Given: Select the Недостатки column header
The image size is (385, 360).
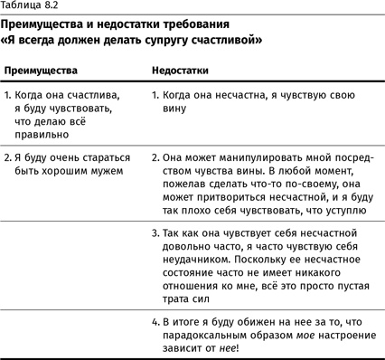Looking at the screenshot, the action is (179, 69).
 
